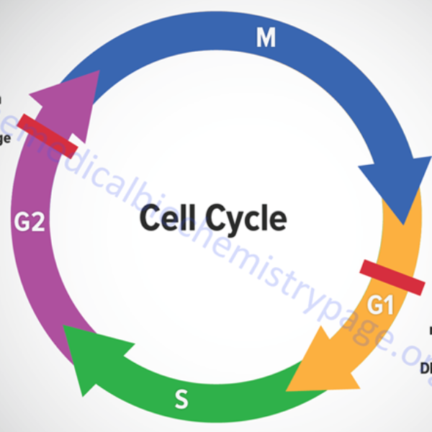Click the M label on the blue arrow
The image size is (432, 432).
tap(266, 38)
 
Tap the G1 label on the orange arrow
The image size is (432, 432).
tap(381, 305)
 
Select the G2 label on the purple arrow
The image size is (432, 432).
tap(30, 222)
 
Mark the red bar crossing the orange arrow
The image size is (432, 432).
tap(392, 277)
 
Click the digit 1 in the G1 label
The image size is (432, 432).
tap(390, 305)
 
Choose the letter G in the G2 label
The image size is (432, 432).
tap(22, 222)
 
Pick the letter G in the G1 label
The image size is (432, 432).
tap(374, 305)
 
